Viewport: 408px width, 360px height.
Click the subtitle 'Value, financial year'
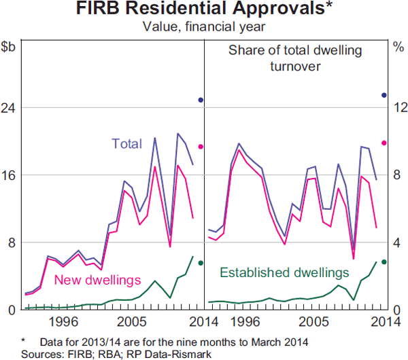204,27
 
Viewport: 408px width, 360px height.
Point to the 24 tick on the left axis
8,108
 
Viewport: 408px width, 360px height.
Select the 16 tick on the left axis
8,175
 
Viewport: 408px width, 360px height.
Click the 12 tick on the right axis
398,108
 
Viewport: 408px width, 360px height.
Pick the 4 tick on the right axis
398,242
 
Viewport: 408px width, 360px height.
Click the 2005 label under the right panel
313,321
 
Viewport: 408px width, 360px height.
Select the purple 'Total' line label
126,144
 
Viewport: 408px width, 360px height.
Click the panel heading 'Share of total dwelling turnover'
295,58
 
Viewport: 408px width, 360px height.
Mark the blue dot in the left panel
201,100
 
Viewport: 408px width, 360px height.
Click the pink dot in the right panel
384,143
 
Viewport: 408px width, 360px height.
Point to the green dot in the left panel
201,263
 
